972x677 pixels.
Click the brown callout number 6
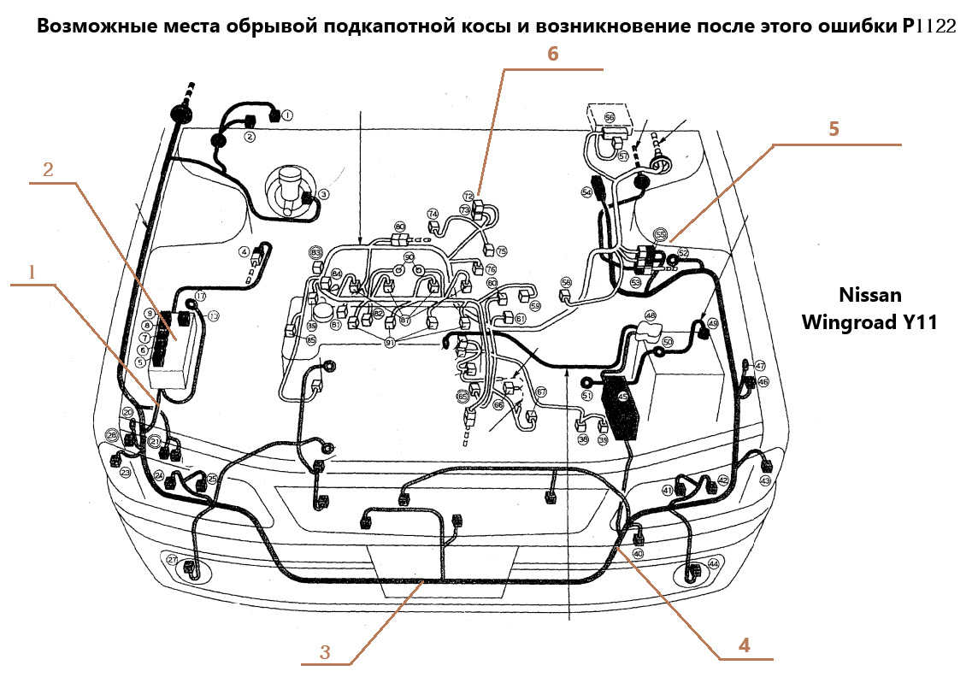coord(552,54)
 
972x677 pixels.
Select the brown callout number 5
coord(834,129)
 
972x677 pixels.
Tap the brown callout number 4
coord(744,645)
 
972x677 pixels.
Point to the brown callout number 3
coord(325,652)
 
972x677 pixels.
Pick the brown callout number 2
coord(48,169)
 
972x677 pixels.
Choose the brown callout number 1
coord(32,272)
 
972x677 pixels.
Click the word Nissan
coord(869,296)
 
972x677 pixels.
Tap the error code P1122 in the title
coord(928,26)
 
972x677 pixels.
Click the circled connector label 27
coord(172,560)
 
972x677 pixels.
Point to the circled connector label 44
coord(713,564)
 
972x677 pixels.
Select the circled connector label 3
coord(323,194)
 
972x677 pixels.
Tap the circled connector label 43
coord(765,481)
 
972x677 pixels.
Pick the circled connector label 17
coord(200,296)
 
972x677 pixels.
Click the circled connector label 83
coord(315,253)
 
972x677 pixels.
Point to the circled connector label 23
coord(126,472)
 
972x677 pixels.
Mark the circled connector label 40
coord(638,553)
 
